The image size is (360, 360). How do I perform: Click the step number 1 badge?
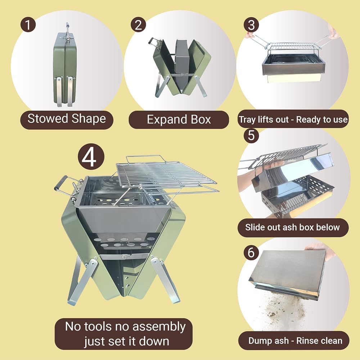point(28,24)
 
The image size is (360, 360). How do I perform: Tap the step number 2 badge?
point(138,24)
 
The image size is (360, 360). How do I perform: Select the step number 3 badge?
point(251,24)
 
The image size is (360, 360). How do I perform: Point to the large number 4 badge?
point(91,157)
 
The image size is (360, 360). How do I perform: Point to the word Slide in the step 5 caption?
point(254,227)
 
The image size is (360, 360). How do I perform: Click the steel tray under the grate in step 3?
point(294,66)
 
